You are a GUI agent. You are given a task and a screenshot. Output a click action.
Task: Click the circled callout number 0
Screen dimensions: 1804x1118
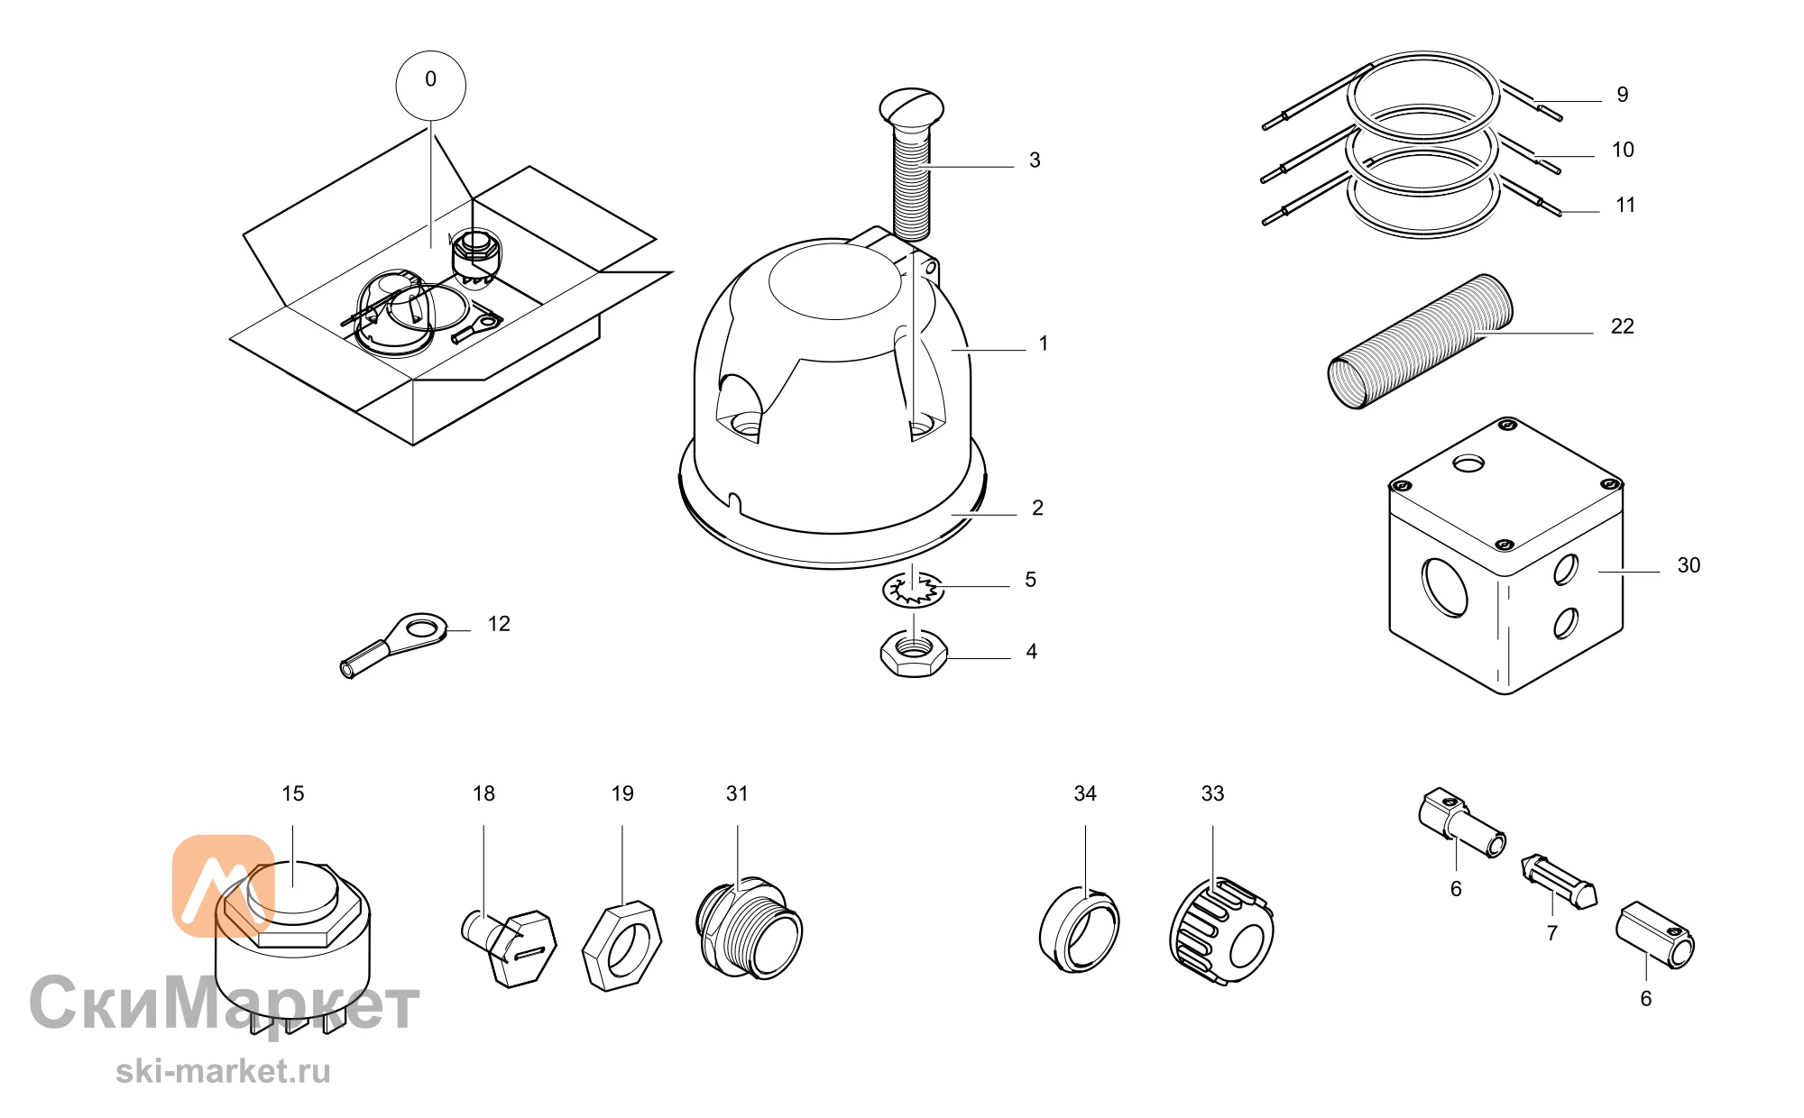(x=431, y=85)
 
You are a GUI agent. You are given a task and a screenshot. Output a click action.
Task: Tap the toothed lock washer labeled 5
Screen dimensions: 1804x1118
(x=913, y=589)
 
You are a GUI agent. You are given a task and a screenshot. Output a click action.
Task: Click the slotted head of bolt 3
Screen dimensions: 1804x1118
(x=912, y=106)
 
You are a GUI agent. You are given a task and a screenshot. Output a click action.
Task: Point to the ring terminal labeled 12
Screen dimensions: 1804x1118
(x=393, y=643)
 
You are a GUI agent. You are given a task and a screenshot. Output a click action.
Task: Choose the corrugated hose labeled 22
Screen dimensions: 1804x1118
(x=1420, y=342)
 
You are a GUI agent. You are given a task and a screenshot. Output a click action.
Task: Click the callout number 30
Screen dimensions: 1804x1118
(x=1689, y=565)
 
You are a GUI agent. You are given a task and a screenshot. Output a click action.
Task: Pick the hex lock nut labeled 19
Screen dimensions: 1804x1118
(x=621, y=947)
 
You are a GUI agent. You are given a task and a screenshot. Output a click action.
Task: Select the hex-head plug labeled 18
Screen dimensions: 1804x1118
(x=509, y=947)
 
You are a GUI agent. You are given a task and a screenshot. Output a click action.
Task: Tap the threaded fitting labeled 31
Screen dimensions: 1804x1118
(x=750, y=929)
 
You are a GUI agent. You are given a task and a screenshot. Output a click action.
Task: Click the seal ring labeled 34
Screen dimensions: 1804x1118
(x=1079, y=930)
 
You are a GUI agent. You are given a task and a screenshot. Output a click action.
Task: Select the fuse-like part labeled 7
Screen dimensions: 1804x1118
(x=1559, y=882)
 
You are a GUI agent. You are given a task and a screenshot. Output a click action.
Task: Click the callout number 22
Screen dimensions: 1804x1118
(x=1622, y=326)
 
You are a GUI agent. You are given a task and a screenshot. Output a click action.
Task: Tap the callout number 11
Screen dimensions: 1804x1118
(x=1625, y=206)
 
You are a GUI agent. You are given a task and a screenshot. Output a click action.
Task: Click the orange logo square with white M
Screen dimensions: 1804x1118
(x=223, y=885)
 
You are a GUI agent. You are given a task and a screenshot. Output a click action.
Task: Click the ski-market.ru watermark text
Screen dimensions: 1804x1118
(x=223, y=1071)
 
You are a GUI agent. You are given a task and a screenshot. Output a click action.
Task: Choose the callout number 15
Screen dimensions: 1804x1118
(x=293, y=793)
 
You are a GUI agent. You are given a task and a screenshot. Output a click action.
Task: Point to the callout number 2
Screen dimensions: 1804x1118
(x=1037, y=509)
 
